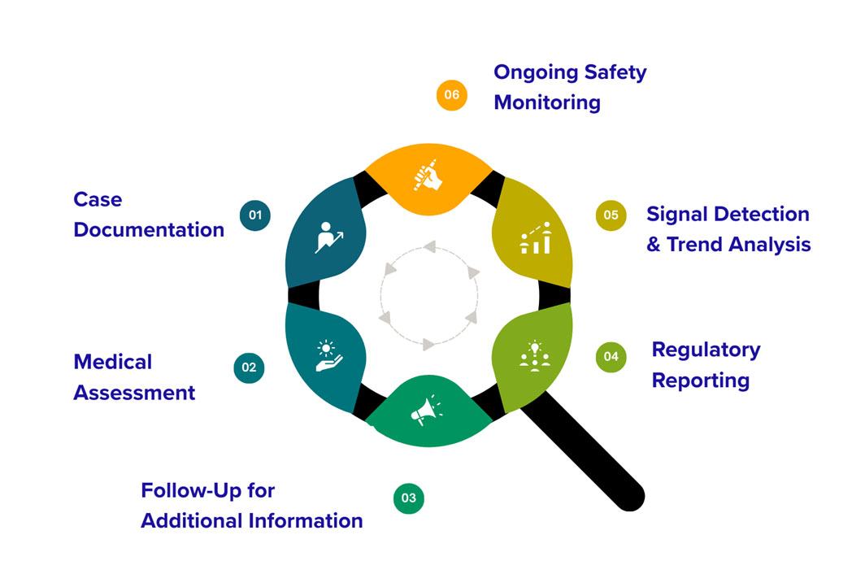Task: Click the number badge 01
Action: [x=255, y=215]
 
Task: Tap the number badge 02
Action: [x=249, y=367]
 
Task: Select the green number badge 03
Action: [x=409, y=498]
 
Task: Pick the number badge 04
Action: [x=611, y=356]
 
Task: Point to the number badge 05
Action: [x=611, y=215]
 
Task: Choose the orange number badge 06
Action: [x=452, y=94]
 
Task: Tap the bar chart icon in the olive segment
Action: [x=535, y=237]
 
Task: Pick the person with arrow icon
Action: [x=328, y=237]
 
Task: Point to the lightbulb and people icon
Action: [x=534, y=357]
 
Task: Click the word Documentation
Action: [x=149, y=230]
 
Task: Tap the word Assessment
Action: [x=134, y=393]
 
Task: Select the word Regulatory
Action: [x=706, y=350]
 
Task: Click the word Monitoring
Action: [x=547, y=103]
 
